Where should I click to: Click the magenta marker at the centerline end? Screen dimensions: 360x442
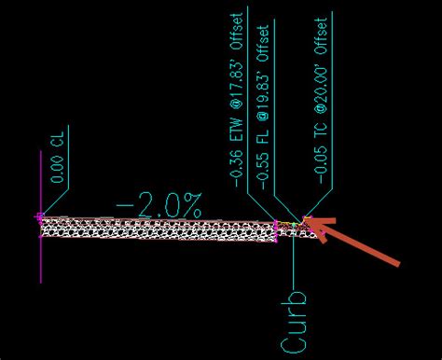[39, 217]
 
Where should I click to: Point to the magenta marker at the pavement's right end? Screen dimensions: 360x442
[277, 224]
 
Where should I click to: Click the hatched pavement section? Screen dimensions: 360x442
[159, 228]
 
